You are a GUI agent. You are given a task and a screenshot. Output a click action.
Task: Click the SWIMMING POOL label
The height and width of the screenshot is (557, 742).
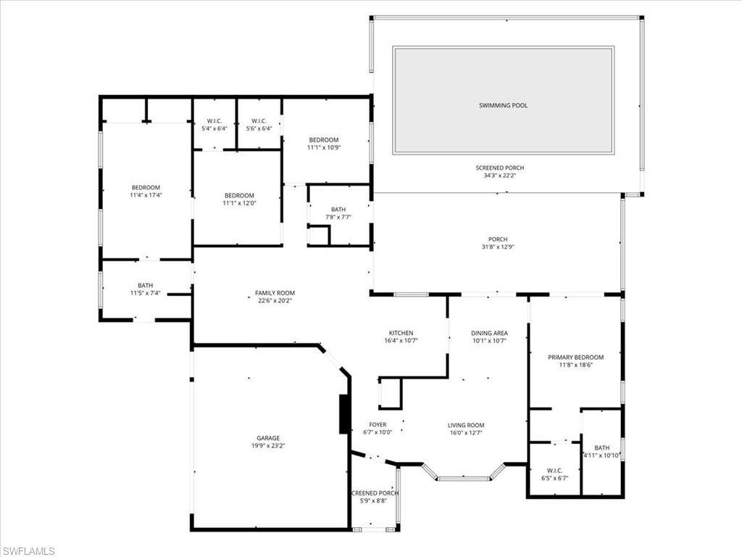(503, 105)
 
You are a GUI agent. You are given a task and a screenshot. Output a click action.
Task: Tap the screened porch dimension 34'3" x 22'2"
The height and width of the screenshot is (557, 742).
(499, 176)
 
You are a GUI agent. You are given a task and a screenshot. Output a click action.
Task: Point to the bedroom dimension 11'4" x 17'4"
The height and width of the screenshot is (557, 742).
(146, 195)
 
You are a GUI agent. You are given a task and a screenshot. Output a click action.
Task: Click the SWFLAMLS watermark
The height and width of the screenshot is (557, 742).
(28, 551)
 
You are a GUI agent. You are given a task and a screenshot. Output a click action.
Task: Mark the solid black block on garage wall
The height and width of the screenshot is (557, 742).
(344, 414)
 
